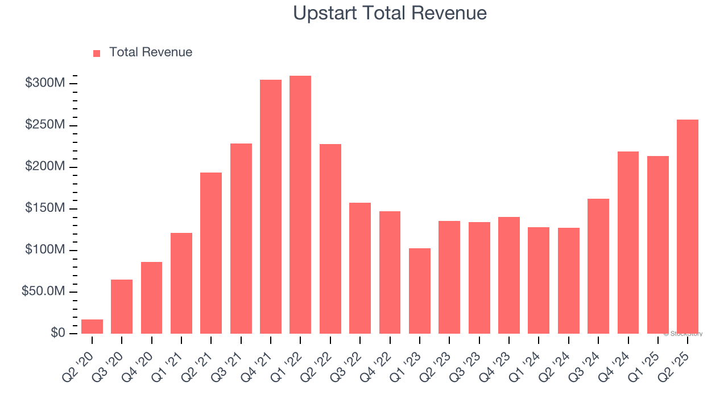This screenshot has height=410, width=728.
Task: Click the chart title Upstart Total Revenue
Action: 390,13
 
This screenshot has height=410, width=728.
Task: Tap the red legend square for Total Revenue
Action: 97,53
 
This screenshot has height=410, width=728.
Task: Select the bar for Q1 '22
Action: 300,204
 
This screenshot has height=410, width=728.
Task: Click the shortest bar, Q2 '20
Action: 92,327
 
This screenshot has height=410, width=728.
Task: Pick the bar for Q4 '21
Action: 271,207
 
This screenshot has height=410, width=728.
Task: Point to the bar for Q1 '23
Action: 419,291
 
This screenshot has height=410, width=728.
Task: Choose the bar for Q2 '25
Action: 687,227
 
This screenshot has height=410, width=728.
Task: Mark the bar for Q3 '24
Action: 598,266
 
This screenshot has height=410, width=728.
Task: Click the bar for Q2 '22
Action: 330,239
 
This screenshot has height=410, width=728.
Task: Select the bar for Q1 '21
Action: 181,283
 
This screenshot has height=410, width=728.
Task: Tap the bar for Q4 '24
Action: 628,243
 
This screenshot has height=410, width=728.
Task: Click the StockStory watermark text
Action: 683,334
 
